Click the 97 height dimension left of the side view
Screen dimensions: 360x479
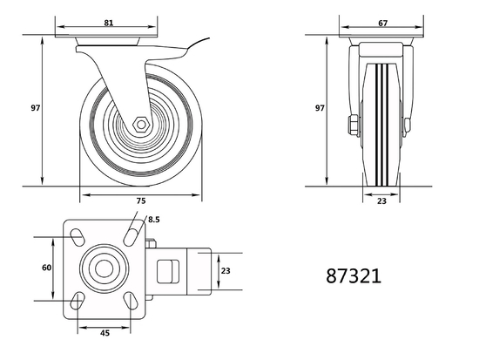coord(36,109)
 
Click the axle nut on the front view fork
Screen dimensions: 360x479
coord(355,123)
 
